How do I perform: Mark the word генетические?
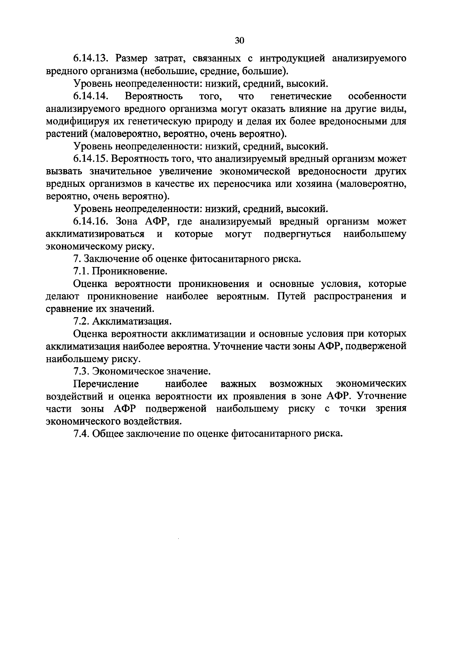pyautogui.click(x=301, y=96)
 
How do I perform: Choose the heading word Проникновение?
pyautogui.click(x=129, y=271)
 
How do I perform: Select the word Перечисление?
pyautogui.click(x=106, y=384)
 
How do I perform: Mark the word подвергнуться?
pyautogui.click(x=297, y=234)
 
